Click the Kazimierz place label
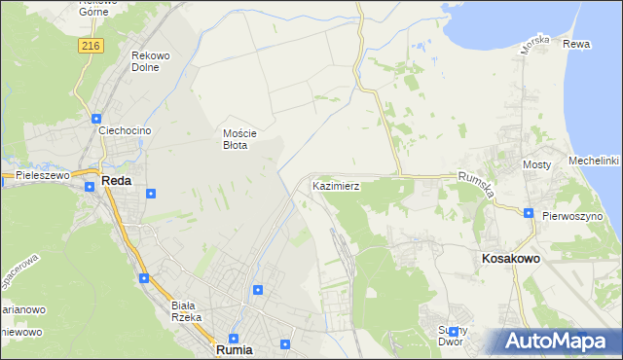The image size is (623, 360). pos(337,185)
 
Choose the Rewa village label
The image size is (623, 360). pos(576,45)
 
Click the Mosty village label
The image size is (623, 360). pos(537,165)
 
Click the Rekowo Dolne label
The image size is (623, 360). pos(152,61)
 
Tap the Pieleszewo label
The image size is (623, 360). pos(43,175)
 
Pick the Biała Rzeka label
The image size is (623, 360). pos(186,310)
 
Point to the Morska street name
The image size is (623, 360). pos(535,44)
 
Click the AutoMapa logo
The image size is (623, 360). pos(561,341)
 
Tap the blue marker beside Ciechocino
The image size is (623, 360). pos(95,119)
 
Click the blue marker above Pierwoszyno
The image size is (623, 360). pos(528,213)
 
